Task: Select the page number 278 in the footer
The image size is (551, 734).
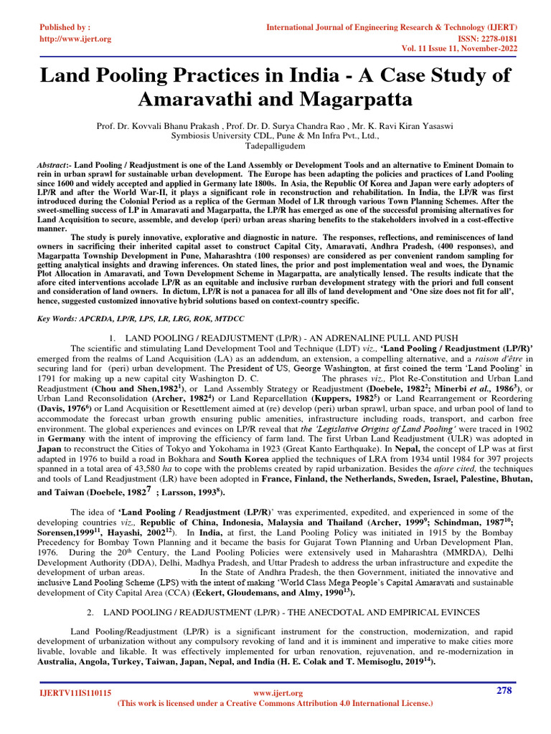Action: pyautogui.click(x=507, y=690)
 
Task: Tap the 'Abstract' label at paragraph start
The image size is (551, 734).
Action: pyautogui.click(x=55, y=165)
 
